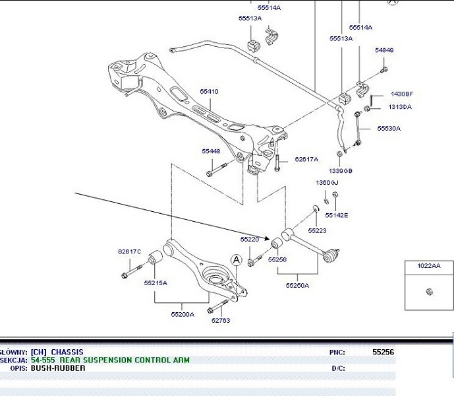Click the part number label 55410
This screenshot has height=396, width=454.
coord(209,92)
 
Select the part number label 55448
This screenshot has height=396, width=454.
coord(211,151)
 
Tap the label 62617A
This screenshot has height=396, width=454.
coord(306,159)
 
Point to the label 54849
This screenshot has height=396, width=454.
coord(384,50)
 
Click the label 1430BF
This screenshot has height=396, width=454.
coord(401,94)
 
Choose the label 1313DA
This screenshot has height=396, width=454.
coord(400,107)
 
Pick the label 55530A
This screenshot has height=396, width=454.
coord(389,129)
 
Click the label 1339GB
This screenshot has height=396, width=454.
coord(341,171)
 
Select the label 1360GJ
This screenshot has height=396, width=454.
coord(326,182)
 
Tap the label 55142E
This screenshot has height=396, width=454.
coord(337,215)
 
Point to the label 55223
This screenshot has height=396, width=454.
coord(317,230)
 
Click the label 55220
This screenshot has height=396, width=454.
coord(249,239)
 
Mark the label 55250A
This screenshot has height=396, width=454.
coord(297,286)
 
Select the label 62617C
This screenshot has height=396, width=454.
coord(130,251)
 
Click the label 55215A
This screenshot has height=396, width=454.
coord(156,282)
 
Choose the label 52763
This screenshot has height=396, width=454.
coord(220,321)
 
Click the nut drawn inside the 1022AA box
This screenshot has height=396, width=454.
coord(428,292)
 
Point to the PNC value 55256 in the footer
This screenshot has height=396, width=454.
coord(383,352)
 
